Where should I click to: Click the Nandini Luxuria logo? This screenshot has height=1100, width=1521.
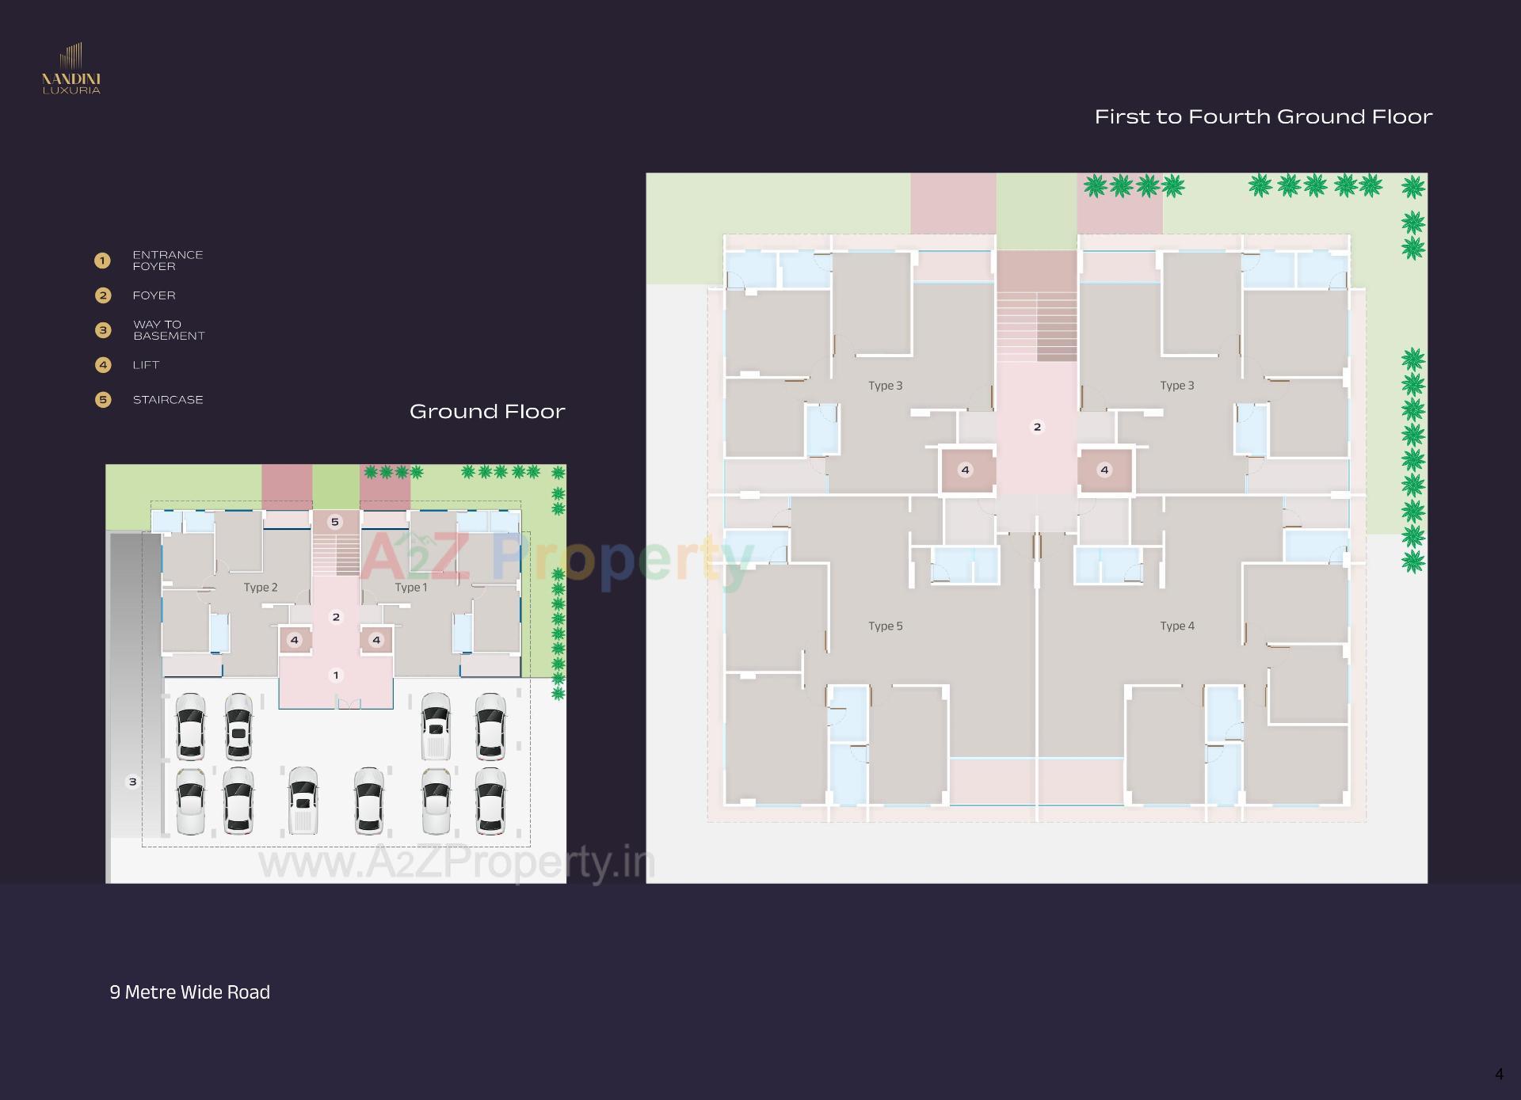(71, 70)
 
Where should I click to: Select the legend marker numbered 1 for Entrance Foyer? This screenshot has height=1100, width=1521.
(102, 261)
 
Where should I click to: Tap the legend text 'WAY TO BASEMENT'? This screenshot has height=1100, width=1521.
(168, 330)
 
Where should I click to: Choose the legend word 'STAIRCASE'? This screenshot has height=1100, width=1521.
(168, 400)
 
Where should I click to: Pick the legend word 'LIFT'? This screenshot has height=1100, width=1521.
(146, 365)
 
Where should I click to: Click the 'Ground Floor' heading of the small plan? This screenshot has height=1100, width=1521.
(487, 412)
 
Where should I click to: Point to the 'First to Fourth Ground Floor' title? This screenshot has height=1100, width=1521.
(1263, 117)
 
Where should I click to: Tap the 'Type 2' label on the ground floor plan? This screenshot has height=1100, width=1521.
(261, 588)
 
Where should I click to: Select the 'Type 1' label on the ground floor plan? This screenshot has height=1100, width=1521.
(411, 588)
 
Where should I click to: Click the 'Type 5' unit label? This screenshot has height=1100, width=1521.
(885, 626)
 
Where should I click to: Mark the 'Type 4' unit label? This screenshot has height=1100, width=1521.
(1176, 626)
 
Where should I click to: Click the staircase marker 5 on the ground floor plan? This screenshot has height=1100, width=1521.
(335, 522)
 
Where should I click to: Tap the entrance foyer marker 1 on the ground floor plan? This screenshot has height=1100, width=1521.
(336, 676)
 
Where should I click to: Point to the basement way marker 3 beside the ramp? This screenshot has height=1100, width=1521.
(132, 782)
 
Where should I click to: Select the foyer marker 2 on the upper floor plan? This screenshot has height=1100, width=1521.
(1037, 427)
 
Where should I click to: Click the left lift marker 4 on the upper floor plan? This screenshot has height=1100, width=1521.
(965, 470)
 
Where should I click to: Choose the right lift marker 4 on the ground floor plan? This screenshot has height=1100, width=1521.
(376, 640)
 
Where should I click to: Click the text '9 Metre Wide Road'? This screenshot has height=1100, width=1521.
(189, 992)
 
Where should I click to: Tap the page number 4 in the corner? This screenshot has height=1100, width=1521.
(1499, 1075)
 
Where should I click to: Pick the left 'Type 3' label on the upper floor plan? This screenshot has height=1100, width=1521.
(885, 386)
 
